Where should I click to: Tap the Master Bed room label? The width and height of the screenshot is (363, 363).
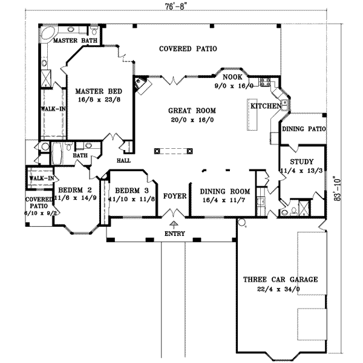[99, 91]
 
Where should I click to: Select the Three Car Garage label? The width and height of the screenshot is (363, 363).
[280, 280]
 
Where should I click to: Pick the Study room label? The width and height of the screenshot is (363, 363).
[301, 162]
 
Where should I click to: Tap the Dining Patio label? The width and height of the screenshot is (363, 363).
[305, 129]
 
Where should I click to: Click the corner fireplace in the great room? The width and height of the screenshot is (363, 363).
[141, 86]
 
